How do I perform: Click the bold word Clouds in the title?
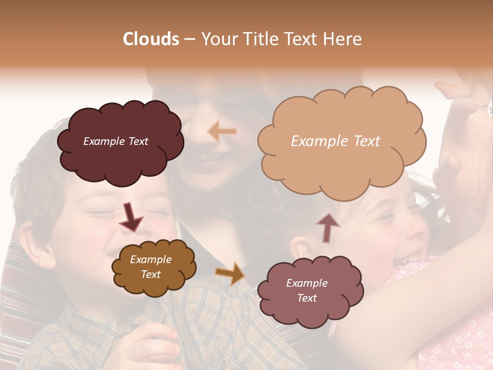151,39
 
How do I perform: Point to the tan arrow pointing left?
222,132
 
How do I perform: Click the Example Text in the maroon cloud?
116,141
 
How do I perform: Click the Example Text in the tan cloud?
335,141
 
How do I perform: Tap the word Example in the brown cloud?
150,260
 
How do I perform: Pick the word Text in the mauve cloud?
307,298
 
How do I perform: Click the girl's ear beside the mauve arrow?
300,247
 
